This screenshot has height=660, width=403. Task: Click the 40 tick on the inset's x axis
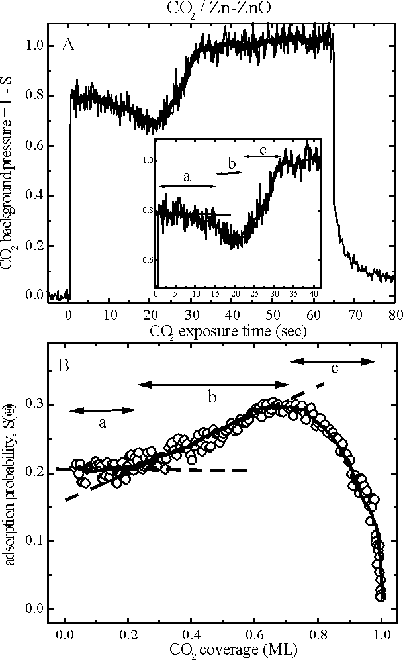click(313, 292)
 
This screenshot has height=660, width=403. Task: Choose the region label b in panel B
click(212, 397)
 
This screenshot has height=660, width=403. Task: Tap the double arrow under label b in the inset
click(230, 173)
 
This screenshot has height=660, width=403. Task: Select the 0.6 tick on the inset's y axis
click(148, 260)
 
